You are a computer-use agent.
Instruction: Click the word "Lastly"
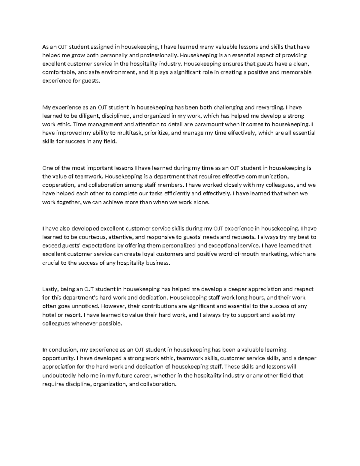tap(51, 289)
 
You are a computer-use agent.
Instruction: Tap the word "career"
tap(141, 375)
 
